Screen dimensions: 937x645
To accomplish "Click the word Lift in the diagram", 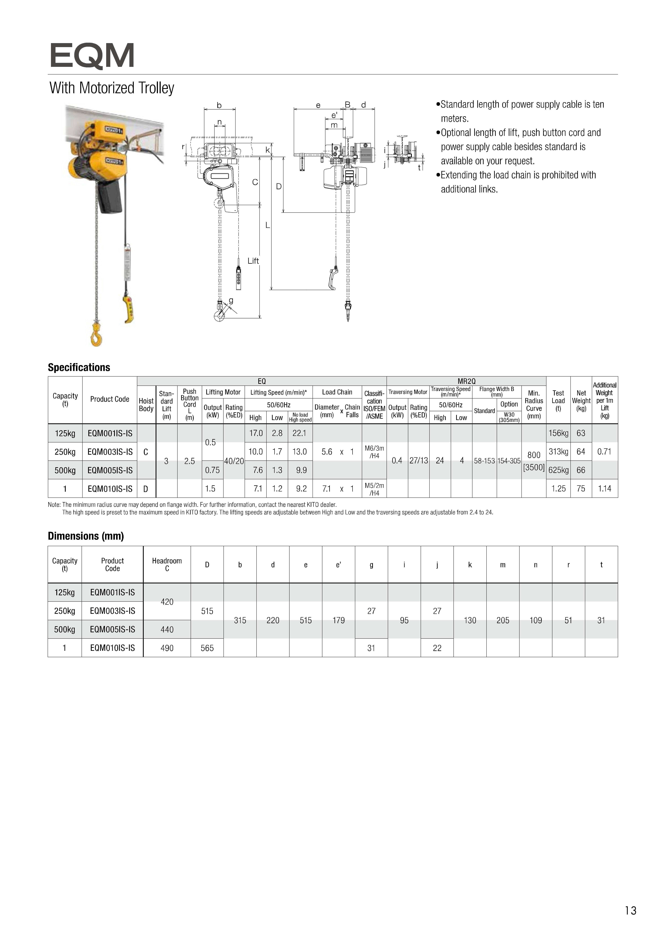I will (253, 261).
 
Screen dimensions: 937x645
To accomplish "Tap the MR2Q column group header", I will (466, 381).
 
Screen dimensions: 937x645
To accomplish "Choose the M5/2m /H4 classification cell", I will (374, 489).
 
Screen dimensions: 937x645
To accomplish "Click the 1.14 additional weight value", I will (604, 489).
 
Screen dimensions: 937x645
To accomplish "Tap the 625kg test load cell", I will (558, 470).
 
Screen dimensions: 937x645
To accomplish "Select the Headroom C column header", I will (167, 565).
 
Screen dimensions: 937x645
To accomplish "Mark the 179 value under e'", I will (339, 620).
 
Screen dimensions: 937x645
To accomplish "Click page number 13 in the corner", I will (631, 911).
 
